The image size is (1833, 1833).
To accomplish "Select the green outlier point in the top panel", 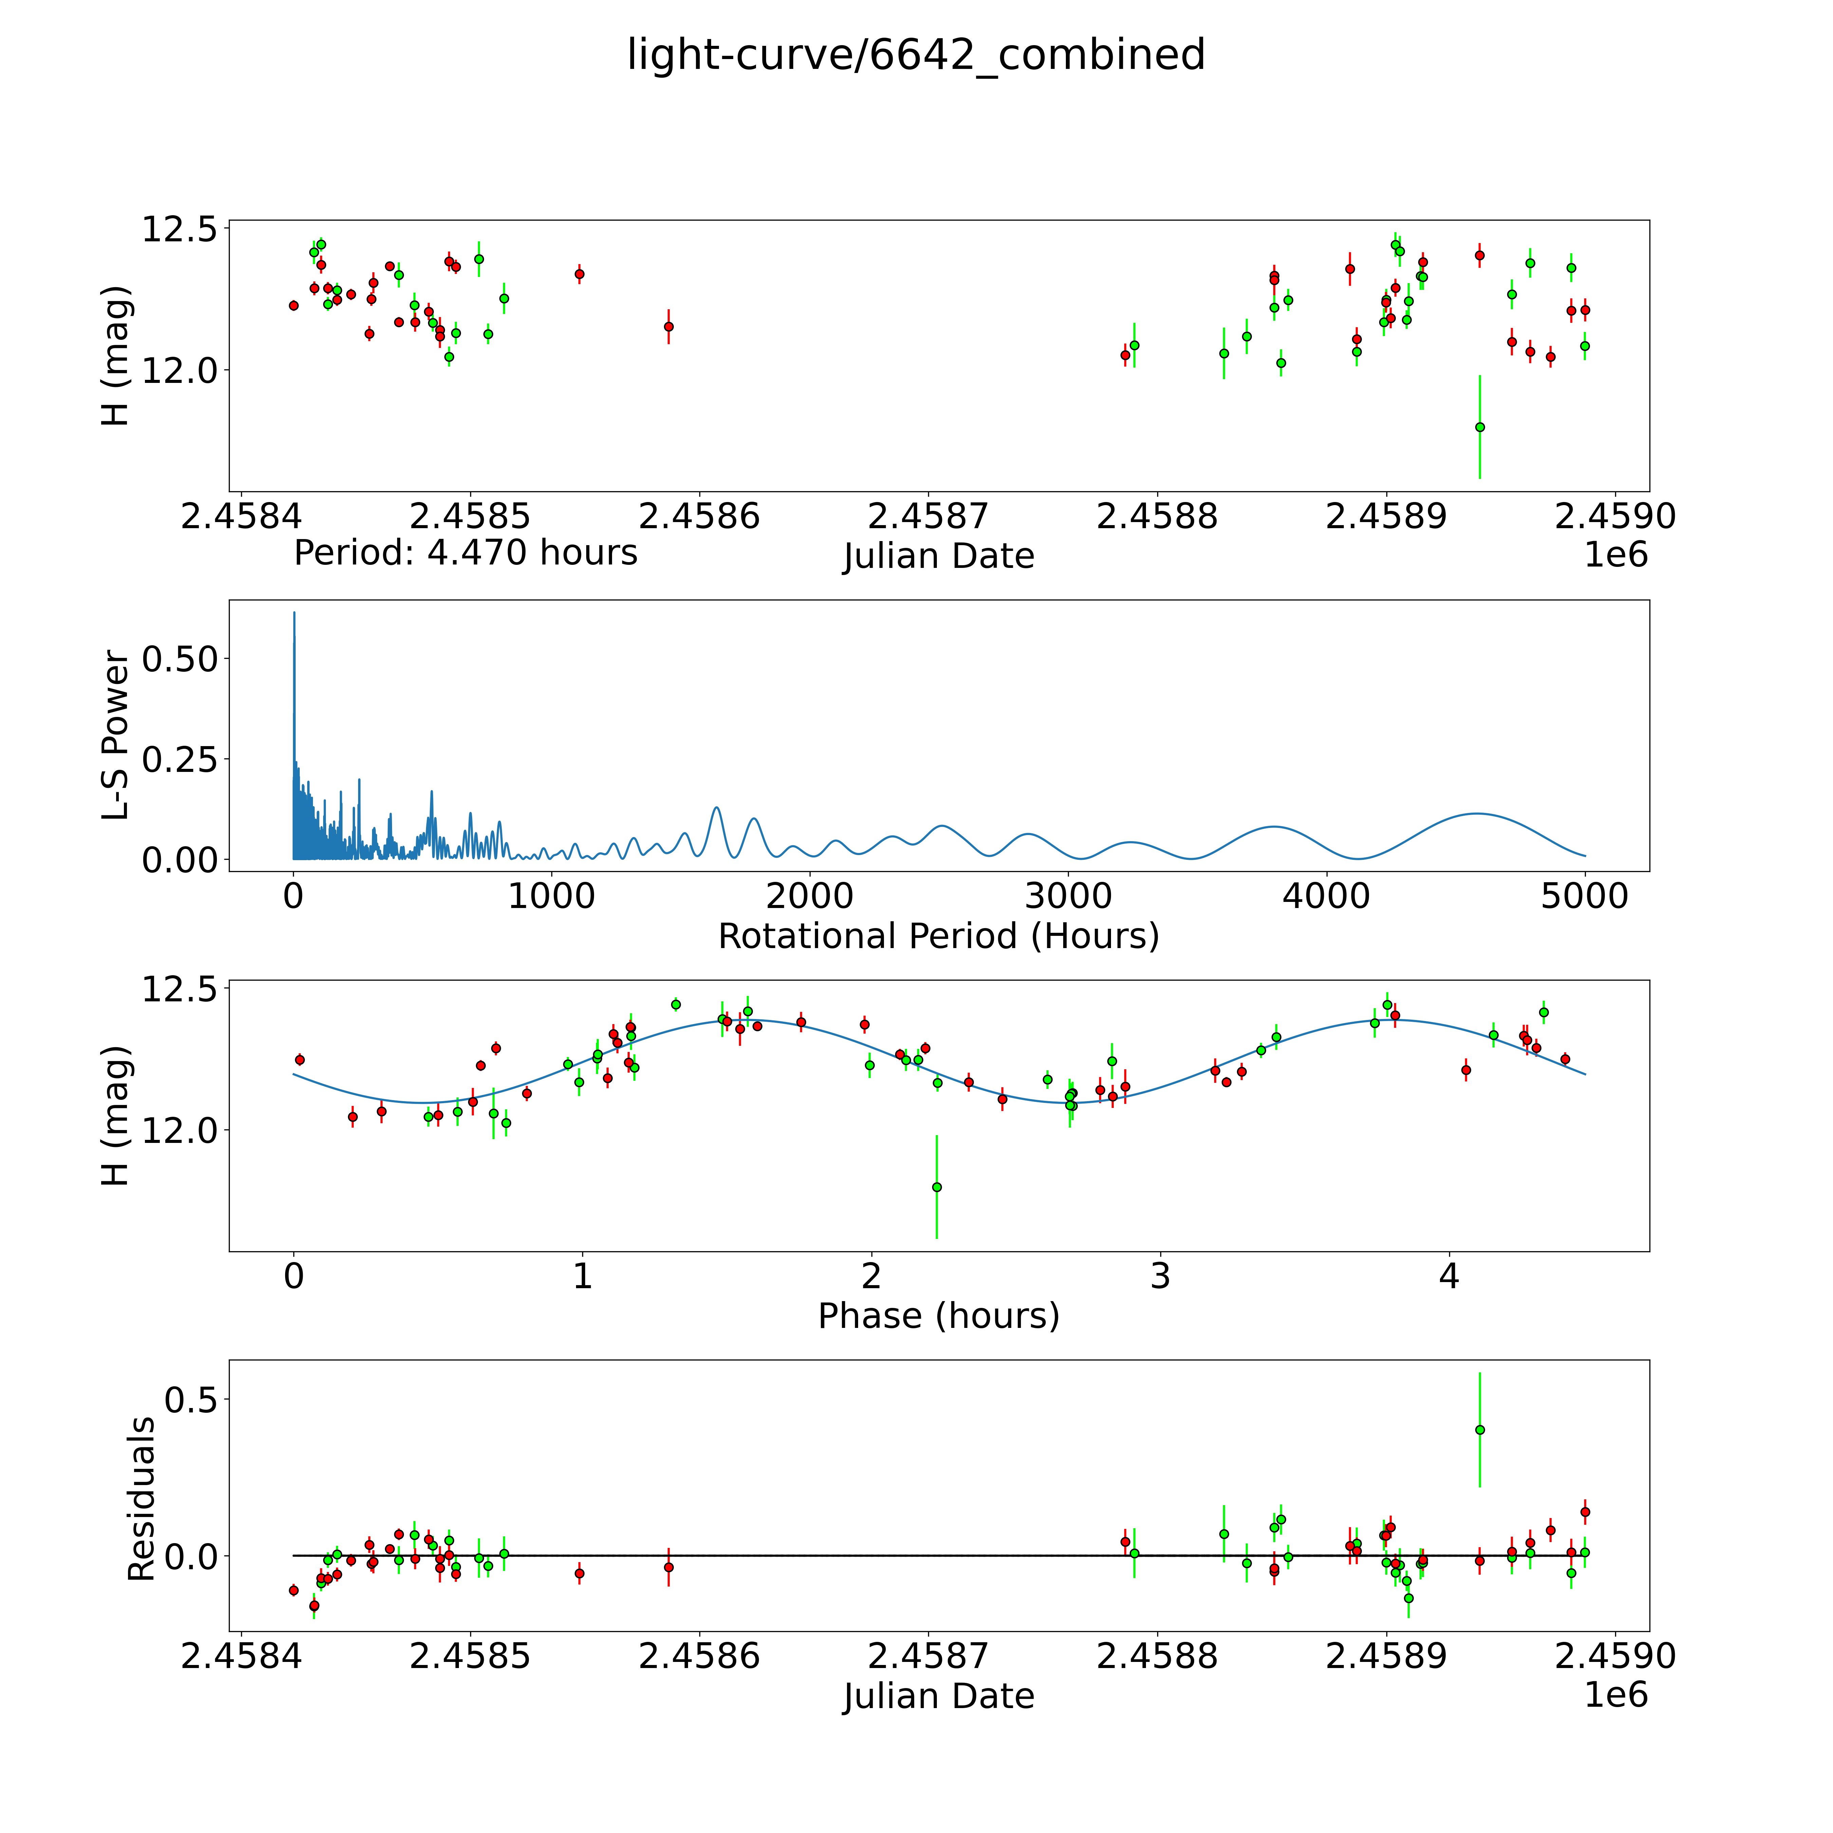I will (1479, 427).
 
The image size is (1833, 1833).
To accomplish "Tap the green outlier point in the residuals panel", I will (1479, 1430).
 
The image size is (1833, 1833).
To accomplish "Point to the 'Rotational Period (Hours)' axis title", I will (938, 937).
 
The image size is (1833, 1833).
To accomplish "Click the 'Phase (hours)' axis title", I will (938, 1316).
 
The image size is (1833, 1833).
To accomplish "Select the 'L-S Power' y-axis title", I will (116, 735).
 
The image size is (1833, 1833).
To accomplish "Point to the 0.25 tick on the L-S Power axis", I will (180, 759).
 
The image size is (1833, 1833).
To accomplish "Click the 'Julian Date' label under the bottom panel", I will (938, 1697).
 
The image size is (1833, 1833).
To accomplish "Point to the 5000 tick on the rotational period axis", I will (1585, 896).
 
